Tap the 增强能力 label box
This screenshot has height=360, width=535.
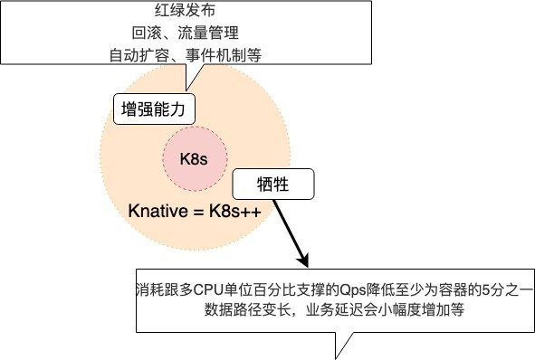click(152, 110)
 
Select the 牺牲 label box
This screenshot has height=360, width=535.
click(274, 185)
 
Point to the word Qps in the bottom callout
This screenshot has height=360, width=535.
click(351, 290)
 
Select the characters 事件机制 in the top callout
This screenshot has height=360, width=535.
click(217, 55)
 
